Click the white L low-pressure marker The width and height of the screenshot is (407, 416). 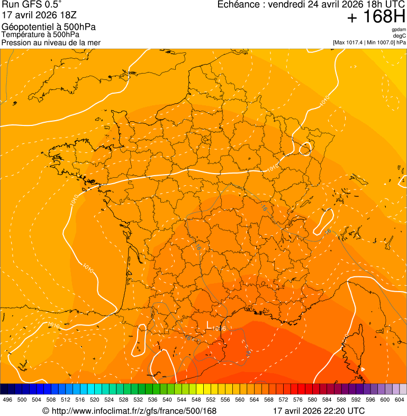pyautogui.click(x=209, y=324)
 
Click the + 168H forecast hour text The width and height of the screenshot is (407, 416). pyautogui.click(x=376, y=18)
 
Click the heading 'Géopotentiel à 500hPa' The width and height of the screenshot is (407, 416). pyautogui.click(x=49, y=27)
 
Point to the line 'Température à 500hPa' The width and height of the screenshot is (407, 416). pyautogui.click(x=40, y=35)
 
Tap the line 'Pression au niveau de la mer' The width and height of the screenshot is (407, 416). pyautogui.click(x=51, y=42)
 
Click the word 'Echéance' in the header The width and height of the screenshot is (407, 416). pyautogui.click(x=241, y=5)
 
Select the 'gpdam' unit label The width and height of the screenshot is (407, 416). pyautogui.click(x=399, y=30)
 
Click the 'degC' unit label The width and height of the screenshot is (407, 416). pyautogui.click(x=400, y=36)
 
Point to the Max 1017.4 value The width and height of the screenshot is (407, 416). pyautogui.click(x=352, y=42)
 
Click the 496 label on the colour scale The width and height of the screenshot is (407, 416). pyautogui.click(x=7, y=400)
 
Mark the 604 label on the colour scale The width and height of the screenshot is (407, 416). pyautogui.click(x=400, y=400)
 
